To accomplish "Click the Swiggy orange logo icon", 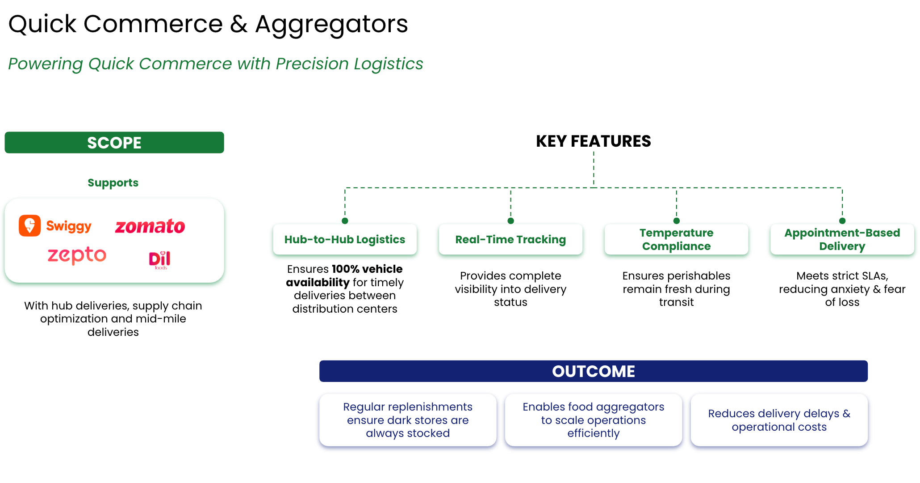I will coord(29,225).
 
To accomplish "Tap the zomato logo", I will coord(150,226).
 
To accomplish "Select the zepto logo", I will coord(77,255).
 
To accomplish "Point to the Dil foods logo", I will coord(159,260).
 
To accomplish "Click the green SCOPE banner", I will coord(114,143).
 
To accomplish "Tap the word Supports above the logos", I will coord(113,182).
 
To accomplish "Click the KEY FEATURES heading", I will coord(593,141).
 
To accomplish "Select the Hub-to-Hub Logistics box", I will coord(345,240).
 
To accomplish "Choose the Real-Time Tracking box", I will coord(510,240).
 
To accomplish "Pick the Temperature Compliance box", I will coord(676,240).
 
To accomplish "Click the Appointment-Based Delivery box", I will coord(842,240).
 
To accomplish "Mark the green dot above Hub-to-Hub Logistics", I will coord(345,220).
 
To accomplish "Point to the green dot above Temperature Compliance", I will coord(677,220).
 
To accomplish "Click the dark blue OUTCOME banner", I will coord(593,371).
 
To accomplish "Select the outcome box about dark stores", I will coord(408,420).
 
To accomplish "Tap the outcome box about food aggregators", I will coord(593,420).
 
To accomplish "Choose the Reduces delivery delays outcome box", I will coord(779,420).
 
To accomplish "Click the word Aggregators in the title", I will coord(331,24).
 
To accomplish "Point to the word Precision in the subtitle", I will coord(312,64).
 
